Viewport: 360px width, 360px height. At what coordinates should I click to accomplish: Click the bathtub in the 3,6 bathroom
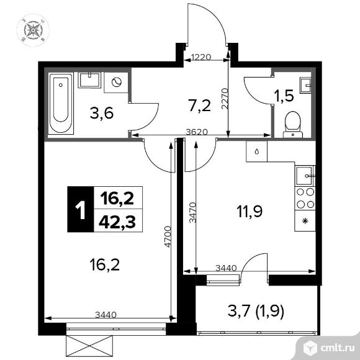[61, 104]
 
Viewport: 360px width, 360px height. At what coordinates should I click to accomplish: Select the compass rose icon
[34, 30]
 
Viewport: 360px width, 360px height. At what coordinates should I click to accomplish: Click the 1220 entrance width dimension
[201, 57]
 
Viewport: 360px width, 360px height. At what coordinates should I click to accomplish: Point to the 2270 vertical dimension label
[225, 98]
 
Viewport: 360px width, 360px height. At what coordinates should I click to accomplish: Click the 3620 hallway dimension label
[197, 132]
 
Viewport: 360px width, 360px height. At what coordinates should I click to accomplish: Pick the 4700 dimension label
[168, 236]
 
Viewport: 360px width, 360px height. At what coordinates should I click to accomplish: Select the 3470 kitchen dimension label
[193, 212]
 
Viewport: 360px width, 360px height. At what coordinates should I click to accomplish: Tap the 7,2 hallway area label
[199, 106]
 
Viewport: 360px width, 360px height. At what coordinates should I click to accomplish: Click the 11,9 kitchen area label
[250, 211]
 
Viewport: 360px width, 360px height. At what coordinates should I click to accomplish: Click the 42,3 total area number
[117, 222]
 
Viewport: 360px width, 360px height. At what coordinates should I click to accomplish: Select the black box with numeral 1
[81, 209]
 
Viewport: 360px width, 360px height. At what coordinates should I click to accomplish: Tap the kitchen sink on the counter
[305, 176]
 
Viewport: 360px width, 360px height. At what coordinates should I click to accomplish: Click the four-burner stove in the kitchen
[305, 198]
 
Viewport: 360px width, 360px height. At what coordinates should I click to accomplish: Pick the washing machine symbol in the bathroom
[116, 83]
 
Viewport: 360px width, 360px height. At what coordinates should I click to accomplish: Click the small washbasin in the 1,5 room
[305, 86]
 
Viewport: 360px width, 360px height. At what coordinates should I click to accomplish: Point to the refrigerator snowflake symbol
[305, 221]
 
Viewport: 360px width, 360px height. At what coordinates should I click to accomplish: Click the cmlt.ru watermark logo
[328, 348]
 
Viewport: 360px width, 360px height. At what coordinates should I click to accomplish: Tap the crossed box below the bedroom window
[89, 347]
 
